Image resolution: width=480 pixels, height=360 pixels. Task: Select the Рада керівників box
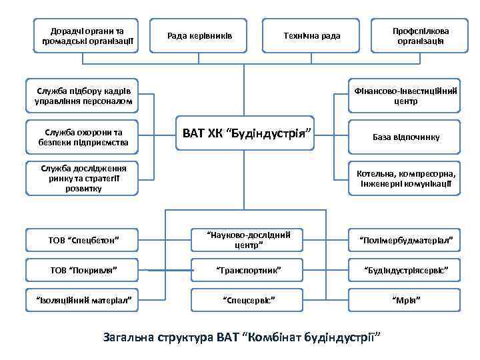pyautogui.click(x=200, y=35)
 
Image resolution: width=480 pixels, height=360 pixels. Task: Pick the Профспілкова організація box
pyautogui.click(x=420, y=35)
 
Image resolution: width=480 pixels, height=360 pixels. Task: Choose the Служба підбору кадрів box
pyautogui.click(x=83, y=97)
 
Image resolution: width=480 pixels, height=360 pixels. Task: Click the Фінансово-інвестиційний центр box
pyautogui.click(x=405, y=97)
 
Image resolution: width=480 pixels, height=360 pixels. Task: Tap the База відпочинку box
pyautogui.click(x=405, y=137)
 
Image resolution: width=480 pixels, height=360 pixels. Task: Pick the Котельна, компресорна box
pyautogui.click(x=405, y=177)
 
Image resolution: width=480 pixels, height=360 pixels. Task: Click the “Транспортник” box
pyautogui.click(x=246, y=271)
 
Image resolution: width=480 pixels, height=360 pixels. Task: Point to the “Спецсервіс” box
pyautogui.click(x=246, y=301)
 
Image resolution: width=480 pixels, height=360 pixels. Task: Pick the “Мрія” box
pyautogui.click(x=405, y=301)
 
